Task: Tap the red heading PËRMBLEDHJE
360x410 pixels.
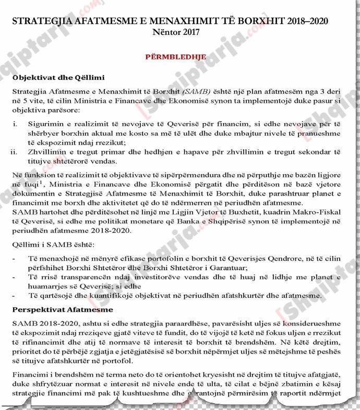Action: [x=175, y=57]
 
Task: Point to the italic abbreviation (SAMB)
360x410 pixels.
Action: [x=183, y=92]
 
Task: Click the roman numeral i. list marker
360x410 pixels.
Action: [x=16, y=125]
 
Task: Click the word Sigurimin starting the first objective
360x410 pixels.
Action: [x=46, y=125]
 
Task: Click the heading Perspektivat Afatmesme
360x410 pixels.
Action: [x=63, y=310]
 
